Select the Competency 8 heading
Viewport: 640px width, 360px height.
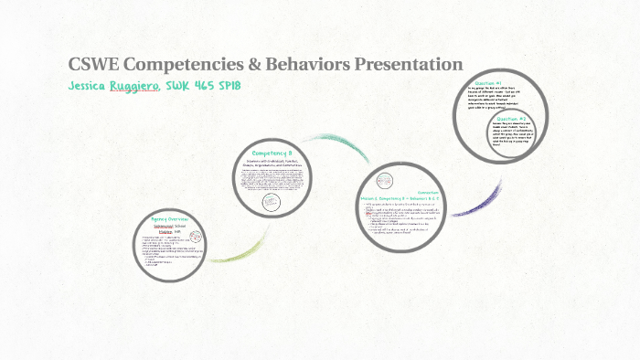272,154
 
